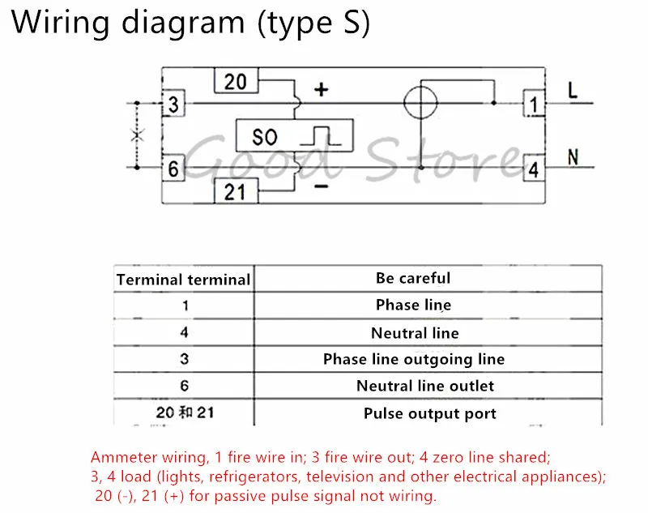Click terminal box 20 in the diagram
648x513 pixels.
(x=236, y=80)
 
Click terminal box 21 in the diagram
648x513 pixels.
(x=236, y=191)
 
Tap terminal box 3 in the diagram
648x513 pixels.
(x=173, y=104)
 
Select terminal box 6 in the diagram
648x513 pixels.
(x=173, y=169)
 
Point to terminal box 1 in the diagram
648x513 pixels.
(x=534, y=104)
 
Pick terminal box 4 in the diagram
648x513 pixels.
(x=534, y=169)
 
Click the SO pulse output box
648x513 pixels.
(x=294, y=135)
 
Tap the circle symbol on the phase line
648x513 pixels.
(x=420, y=102)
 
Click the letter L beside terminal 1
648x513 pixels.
(x=573, y=90)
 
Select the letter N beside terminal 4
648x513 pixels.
(x=573, y=157)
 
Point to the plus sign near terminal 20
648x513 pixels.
(x=321, y=89)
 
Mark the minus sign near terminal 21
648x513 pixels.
(x=321, y=187)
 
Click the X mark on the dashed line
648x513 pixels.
(x=138, y=135)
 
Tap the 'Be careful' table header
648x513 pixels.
(x=413, y=278)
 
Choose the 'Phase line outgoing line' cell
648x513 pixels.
(x=414, y=359)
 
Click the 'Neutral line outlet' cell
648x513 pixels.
(x=425, y=386)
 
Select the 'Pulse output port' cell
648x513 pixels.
(x=430, y=413)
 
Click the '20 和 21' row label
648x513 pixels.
(x=185, y=413)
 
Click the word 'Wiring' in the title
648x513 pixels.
(x=61, y=22)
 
